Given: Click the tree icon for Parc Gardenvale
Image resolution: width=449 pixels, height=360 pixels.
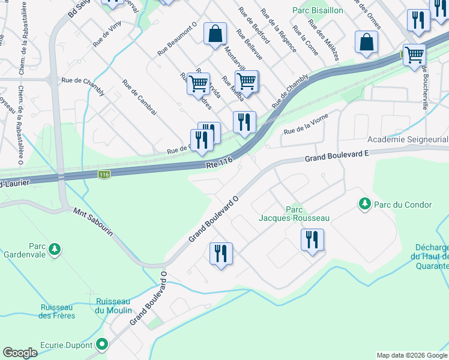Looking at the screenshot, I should [x=55, y=248].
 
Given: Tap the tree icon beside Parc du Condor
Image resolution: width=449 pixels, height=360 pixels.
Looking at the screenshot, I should [x=364, y=205].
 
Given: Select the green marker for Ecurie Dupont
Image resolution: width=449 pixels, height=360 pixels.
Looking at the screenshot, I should [x=102, y=345].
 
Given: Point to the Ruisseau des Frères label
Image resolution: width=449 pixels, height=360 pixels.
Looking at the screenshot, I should [x=56, y=311].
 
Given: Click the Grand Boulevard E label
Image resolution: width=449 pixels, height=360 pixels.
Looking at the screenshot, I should [x=336, y=157].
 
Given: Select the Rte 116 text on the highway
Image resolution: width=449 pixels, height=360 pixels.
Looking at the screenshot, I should [x=218, y=163].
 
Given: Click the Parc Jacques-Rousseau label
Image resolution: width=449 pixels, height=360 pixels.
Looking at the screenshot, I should [x=294, y=214].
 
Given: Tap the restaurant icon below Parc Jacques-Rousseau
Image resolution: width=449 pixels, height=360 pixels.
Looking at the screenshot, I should [x=312, y=240].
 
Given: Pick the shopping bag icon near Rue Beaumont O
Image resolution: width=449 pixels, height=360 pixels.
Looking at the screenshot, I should [x=215, y=34].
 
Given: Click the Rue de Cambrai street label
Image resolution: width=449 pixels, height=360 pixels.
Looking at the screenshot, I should [x=139, y=97].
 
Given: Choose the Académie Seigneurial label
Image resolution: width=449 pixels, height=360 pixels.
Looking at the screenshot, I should [x=409, y=139].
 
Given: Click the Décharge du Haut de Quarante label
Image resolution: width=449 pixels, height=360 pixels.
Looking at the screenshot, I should [x=431, y=257].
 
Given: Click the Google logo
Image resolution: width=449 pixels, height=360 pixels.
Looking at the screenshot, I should [x=20, y=353].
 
